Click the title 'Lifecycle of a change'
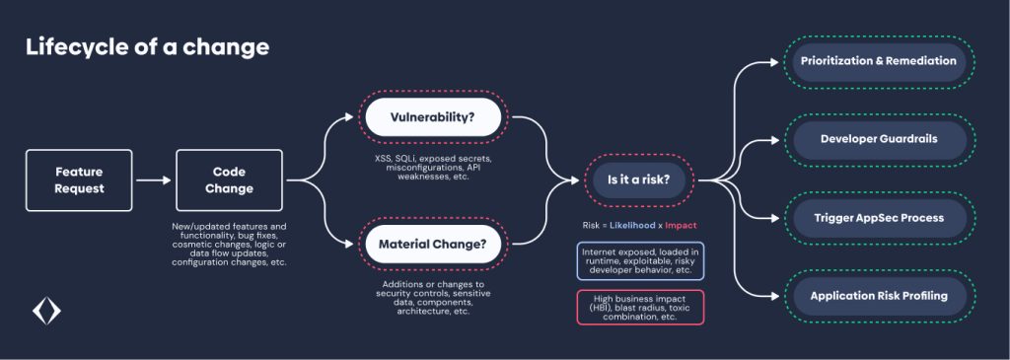[147, 47]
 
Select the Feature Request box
[79, 180]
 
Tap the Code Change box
[229, 180]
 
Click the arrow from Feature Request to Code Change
[153, 180]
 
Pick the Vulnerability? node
[432, 117]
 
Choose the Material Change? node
[432, 242]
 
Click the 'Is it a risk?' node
[638, 180]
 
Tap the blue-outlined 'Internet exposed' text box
[640, 261]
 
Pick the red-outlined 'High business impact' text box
[640, 307]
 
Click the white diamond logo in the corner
[46, 312]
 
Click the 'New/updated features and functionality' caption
[229, 245]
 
